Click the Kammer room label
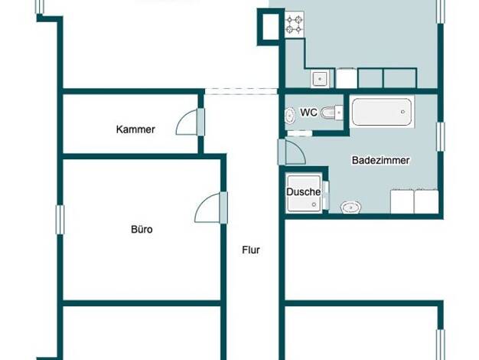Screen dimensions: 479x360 pyautogui.click(x=135, y=129)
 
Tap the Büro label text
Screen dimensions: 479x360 pyautogui.click(x=142, y=229)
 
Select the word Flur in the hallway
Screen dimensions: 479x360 pyautogui.click(x=251, y=250)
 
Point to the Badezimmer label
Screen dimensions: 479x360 pyautogui.click(x=380, y=160)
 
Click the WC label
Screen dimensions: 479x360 pyautogui.click(x=308, y=113)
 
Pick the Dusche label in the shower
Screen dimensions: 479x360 pyautogui.click(x=303, y=192)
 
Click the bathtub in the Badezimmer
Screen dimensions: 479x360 pyautogui.click(x=382, y=112)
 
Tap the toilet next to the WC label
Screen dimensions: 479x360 pyautogui.click(x=332, y=113)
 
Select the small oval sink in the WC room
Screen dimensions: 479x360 pyautogui.click(x=289, y=116)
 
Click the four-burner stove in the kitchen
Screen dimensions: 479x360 pyautogui.click(x=295, y=25)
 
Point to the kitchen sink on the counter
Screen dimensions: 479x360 pyautogui.click(x=320, y=79)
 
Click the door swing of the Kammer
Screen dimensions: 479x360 pyautogui.click(x=187, y=122)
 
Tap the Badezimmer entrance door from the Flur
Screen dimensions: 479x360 pyautogui.click(x=292, y=152)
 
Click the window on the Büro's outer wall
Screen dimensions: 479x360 pyautogui.click(x=60, y=220)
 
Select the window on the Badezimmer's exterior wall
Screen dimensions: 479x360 pyautogui.click(x=440, y=136)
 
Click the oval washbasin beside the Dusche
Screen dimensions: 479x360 pyautogui.click(x=350, y=208)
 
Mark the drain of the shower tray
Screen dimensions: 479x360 pyautogui.click(x=314, y=205)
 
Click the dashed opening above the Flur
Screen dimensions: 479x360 pyautogui.click(x=241, y=91)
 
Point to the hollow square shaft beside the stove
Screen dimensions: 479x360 pyautogui.click(x=268, y=27)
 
